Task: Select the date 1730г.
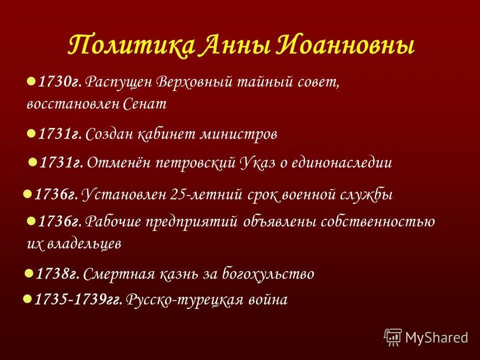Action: point(60,81)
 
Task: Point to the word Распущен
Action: point(119,81)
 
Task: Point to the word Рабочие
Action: point(115,221)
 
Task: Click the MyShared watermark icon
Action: point(392,336)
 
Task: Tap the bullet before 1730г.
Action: point(30,80)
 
